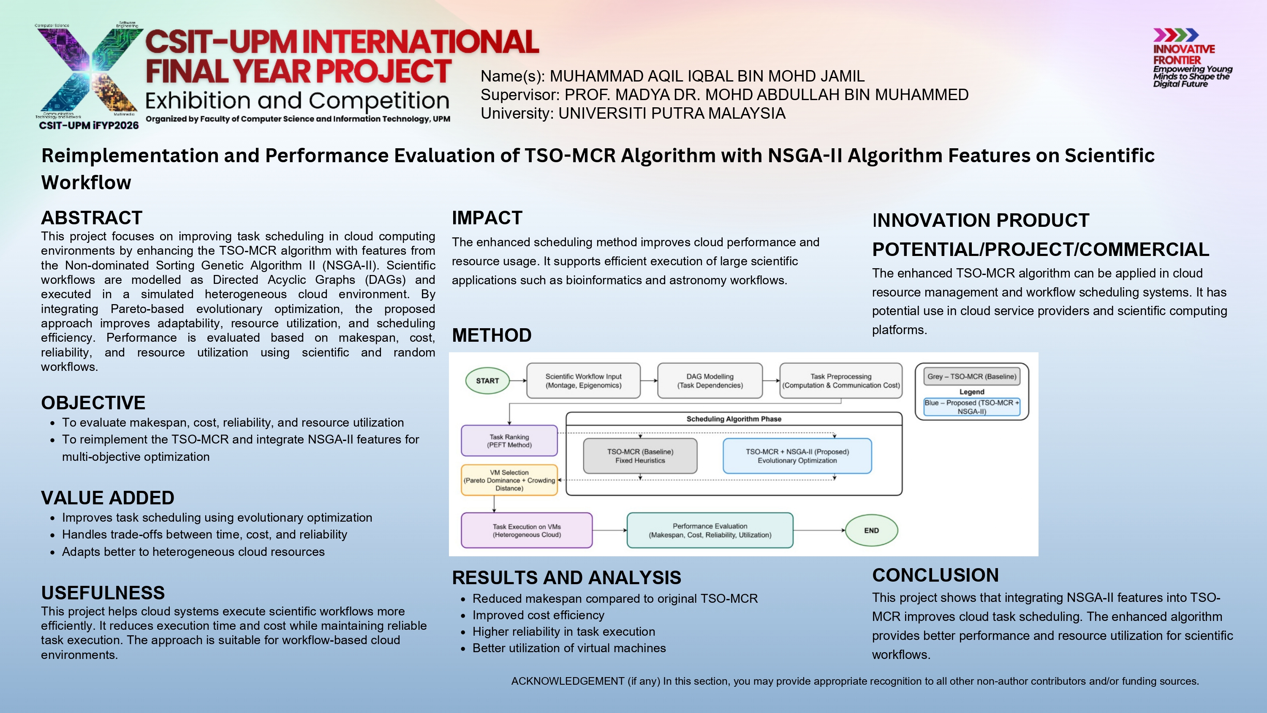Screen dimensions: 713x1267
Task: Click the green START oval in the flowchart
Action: point(487,381)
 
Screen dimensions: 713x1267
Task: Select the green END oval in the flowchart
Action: point(871,531)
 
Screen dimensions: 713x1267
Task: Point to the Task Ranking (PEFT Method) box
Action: point(509,441)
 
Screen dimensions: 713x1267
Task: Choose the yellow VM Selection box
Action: point(509,480)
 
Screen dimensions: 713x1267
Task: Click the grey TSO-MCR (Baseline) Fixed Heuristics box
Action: point(640,456)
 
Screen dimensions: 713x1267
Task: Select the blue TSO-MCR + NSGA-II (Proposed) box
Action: point(797,456)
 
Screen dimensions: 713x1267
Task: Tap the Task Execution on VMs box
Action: point(526,531)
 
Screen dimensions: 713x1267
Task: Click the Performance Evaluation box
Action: point(710,531)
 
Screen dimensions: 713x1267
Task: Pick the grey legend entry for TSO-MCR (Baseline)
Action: point(971,376)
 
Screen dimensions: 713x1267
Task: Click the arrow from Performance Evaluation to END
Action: point(819,531)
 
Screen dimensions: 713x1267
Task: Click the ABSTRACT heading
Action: point(92,218)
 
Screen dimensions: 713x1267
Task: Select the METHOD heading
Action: point(491,335)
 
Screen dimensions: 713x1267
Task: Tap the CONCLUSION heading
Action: point(935,575)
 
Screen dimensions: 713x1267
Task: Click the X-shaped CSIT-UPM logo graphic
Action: point(89,71)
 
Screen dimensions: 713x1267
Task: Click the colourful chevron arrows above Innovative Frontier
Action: point(1175,35)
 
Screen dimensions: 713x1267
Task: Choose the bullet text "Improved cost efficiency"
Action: point(538,615)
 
